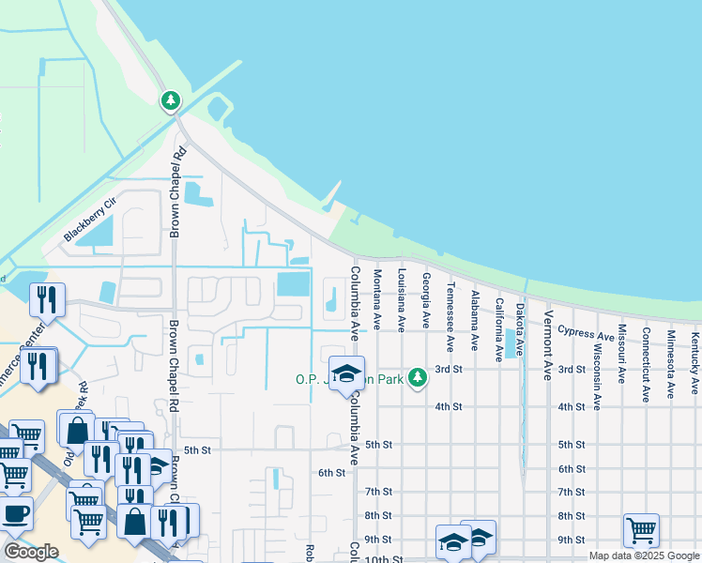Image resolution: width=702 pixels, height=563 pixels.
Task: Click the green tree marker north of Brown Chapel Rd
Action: [170, 99]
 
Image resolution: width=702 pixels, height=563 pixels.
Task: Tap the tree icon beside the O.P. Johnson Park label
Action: [418, 378]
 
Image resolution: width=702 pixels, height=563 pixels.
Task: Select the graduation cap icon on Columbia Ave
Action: [346, 374]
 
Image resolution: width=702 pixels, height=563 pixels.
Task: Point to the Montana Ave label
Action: [377, 299]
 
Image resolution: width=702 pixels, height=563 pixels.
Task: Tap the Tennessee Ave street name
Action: [450, 303]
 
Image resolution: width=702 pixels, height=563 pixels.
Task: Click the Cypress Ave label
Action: [586, 332]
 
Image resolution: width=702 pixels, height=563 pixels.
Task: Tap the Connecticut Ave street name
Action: [646, 364]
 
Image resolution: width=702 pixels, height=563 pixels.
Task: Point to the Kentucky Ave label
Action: [694, 360]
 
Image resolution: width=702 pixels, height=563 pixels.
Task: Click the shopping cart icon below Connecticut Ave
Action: [641, 530]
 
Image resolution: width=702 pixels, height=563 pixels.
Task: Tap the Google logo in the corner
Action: [31, 552]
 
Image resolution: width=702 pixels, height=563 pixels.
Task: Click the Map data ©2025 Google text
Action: [644, 555]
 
